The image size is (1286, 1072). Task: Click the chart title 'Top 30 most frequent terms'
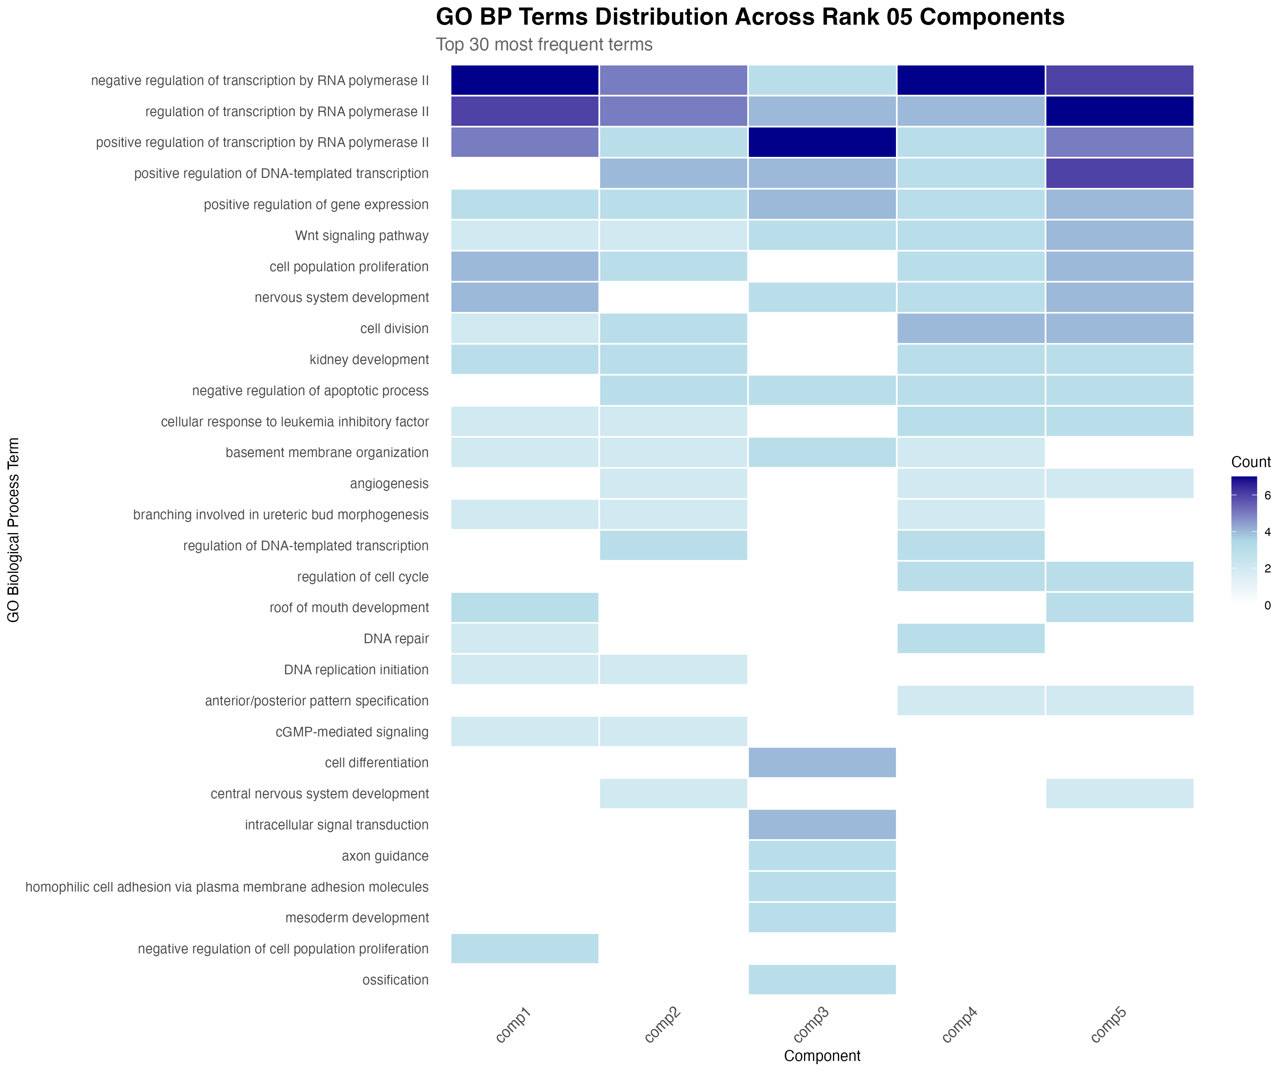[x=544, y=45]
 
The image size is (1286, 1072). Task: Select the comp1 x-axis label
[x=513, y=1025]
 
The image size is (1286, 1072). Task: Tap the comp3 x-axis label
[x=811, y=1025]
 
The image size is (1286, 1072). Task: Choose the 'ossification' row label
[x=395, y=980]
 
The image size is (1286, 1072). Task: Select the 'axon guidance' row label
[x=385, y=856]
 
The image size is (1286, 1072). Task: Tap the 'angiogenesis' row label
[x=389, y=484]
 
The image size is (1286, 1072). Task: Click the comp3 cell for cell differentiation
[x=822, y=763]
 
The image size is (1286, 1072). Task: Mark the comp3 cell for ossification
[x=822, y=980]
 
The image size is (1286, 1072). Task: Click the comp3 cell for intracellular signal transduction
[x=822, y=824]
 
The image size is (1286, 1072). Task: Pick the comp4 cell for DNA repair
[x=971, y=639]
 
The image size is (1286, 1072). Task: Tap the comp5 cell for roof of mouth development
[x=1120, y=608]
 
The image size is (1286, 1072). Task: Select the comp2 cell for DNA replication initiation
[x=673, y=670]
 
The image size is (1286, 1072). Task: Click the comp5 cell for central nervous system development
[x=1120, y=794]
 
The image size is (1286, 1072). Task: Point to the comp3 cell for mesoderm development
[x=822, y=918]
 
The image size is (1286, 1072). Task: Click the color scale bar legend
[x=1244, y=540]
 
